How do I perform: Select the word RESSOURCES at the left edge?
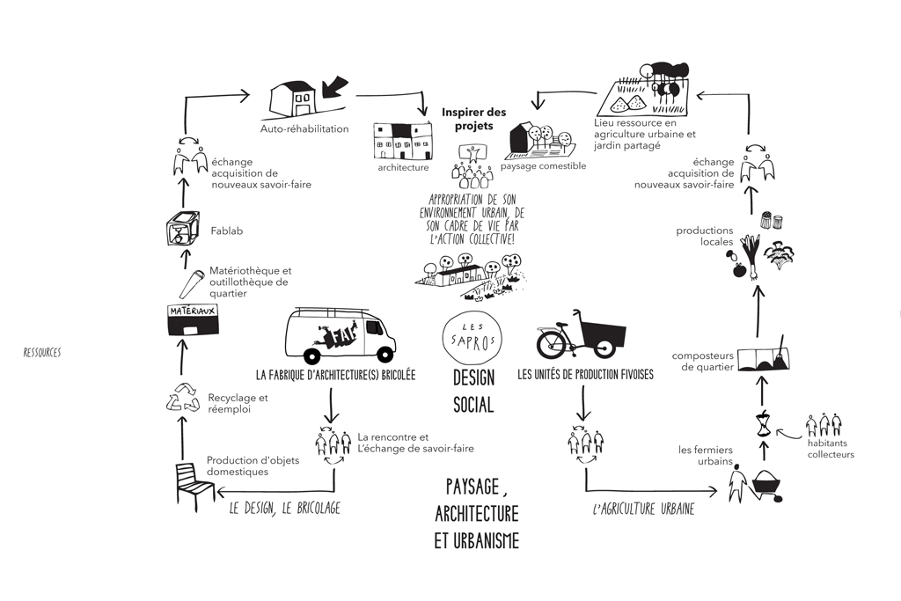tap(42, 352)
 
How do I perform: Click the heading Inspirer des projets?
tap(473, 119)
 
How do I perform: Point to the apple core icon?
tap(764, 425)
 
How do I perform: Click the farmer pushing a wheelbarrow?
tap(755, 485)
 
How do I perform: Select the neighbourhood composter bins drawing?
tap(763, 357)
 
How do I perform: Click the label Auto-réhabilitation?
tap(304, 128)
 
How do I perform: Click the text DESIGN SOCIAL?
tap(473, 391)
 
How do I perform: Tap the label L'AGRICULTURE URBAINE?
tap(643, 509)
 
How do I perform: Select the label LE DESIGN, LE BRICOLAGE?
tap(284, 509)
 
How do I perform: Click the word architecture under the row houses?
tap(403, 166)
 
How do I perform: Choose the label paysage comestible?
tap(543, 165)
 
